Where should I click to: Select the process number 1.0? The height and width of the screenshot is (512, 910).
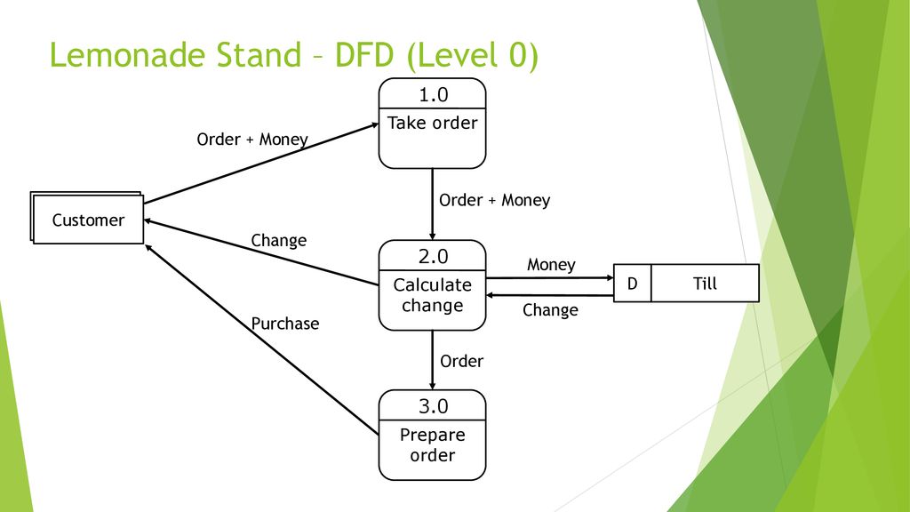click(433, 94)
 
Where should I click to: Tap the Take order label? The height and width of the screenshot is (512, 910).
click(433, 123)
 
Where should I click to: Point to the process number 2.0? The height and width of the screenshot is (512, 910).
click(433, 256)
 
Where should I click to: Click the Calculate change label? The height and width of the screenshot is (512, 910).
click(433, 295)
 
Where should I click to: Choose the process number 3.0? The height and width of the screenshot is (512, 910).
click(433, 406)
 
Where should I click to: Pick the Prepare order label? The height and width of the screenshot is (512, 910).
click(433, 444)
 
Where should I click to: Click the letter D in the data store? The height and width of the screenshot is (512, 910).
click(632, 284)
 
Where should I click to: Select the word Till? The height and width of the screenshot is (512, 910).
click(705, 284)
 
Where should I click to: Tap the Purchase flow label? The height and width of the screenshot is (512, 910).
click(285, 324)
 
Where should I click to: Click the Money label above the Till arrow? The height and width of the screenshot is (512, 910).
click(551, 265)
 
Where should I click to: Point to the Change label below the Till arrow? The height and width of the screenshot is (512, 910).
click(550, 310)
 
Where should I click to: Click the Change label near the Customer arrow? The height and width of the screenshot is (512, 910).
click(278, 240)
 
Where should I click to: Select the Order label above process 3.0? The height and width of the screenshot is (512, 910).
click(461, 361)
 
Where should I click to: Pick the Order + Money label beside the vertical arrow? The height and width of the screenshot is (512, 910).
click(494, 200)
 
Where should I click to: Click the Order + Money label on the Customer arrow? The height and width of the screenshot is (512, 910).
click(252, 140)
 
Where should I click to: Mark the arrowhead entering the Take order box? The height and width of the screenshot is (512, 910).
click(375, 124)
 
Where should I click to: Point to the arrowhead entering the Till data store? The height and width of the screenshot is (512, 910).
click(610, 277)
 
